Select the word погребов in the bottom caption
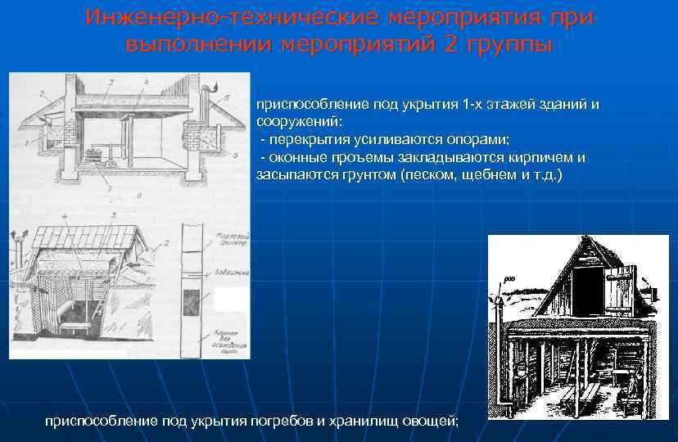coord(270,421)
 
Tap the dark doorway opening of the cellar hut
coord(587,290)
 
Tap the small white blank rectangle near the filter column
coord(230,300)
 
